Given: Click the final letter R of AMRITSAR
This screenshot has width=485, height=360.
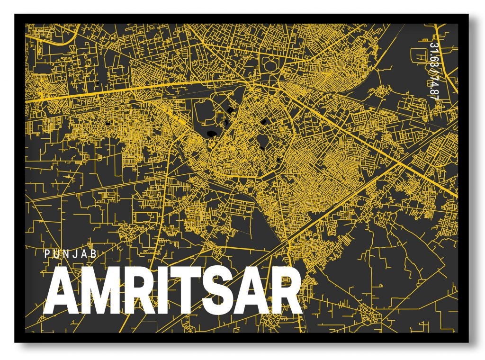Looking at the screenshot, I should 285,293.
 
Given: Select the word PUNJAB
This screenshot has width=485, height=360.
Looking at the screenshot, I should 71,254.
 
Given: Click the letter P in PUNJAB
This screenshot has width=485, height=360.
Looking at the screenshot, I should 46,254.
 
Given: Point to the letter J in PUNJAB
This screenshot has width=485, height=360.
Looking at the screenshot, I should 76,254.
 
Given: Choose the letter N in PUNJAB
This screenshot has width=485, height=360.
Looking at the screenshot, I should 66,254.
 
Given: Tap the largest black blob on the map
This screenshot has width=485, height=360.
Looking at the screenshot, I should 211,132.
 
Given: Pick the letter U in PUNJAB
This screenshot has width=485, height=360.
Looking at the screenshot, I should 56,254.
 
